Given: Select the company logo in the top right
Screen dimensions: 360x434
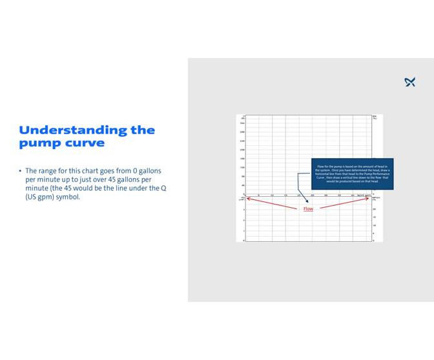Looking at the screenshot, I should (409, 82).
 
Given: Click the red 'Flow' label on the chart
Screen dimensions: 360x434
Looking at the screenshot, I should (308, 209).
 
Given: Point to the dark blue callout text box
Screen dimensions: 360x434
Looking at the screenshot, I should (352, 174).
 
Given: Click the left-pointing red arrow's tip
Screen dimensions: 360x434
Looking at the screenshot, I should (247, 198).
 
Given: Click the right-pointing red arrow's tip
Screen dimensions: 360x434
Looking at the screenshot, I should (371, 198).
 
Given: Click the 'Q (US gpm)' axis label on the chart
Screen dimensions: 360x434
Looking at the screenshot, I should (364, 195).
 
